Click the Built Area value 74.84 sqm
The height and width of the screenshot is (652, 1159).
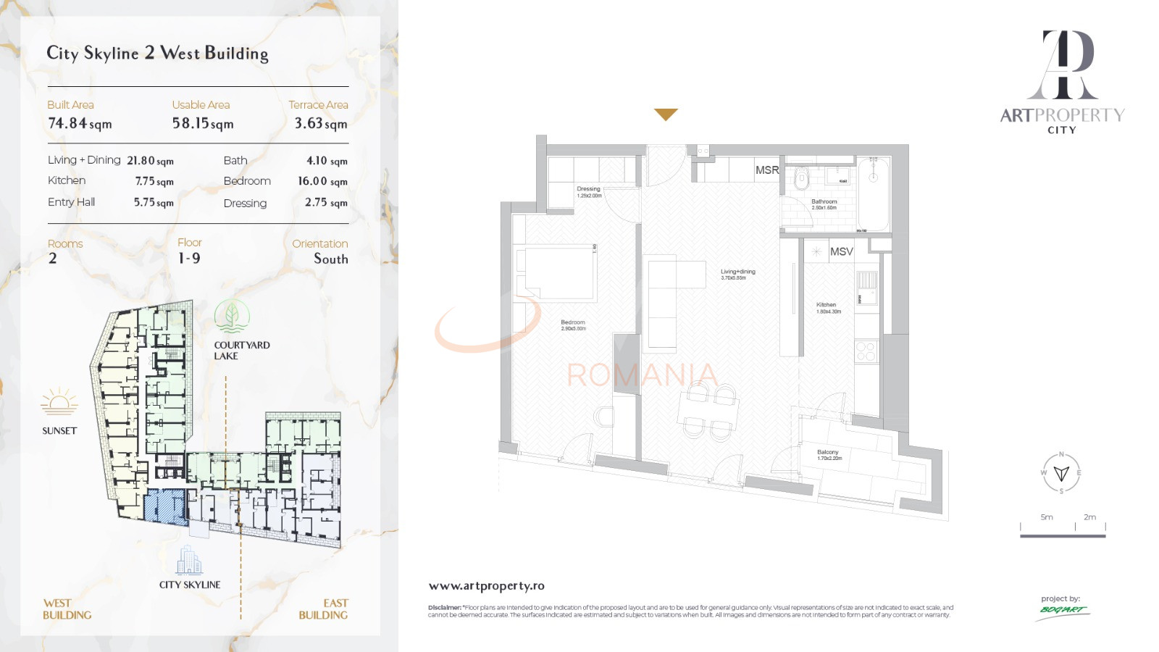click(80, 124)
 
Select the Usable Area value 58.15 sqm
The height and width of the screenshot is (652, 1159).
click(203, 124)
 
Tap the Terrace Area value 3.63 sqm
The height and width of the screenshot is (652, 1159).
click(320, 124)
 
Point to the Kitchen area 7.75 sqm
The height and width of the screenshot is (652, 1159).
click(154, 181)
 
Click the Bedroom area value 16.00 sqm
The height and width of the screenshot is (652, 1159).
click(322, 181)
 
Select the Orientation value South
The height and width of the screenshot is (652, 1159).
click(330, 259)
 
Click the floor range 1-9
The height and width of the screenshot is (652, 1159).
click(189, 259)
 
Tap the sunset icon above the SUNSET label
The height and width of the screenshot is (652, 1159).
click(59, 402)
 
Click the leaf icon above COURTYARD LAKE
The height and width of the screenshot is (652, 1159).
click(232, 317)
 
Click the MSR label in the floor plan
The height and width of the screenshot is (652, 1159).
click(767, 170)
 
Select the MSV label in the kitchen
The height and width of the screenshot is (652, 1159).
click(841, 251)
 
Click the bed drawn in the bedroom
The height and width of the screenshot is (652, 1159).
click(557, 273)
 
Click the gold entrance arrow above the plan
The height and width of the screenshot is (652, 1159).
click(666, 114)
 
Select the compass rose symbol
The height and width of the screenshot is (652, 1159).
click(1061, 473)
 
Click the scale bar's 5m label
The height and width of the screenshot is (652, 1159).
click(1047, 517)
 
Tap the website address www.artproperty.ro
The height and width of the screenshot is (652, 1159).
click(486, 586)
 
